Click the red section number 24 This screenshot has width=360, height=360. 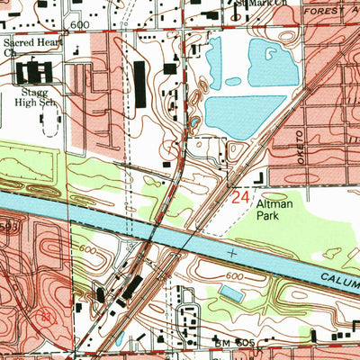[240, 197]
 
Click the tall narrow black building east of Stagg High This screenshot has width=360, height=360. [139, 84]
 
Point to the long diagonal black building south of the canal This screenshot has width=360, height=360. [131, 288]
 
